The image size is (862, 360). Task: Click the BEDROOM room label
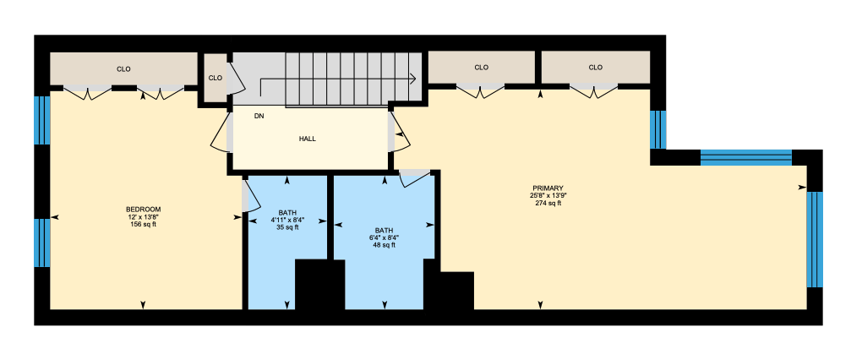tap(143, 210)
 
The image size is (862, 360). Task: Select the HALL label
tap(308, 139)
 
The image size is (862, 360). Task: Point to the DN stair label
tap(259, 117)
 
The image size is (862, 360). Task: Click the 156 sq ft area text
tap(143, 224)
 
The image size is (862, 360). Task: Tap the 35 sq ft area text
tap(287, 227)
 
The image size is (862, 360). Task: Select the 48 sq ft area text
tap(385, 245)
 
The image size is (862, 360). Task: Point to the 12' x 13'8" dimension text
tap(143, 216)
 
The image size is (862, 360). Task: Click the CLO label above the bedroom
tap(123, 69)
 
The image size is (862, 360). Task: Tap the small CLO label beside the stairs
tap(215, 78)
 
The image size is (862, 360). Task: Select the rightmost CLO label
tap(596, 68)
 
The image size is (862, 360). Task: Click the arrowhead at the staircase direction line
tap(412, 78)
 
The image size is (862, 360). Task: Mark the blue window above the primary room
tap(745, 158)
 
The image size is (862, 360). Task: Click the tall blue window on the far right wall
tap(815, 239)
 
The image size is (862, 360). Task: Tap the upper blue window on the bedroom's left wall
tap(42, 120)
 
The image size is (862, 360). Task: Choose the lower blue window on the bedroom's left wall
tap(42, 243)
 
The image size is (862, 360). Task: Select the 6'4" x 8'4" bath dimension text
tap(385, 238)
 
